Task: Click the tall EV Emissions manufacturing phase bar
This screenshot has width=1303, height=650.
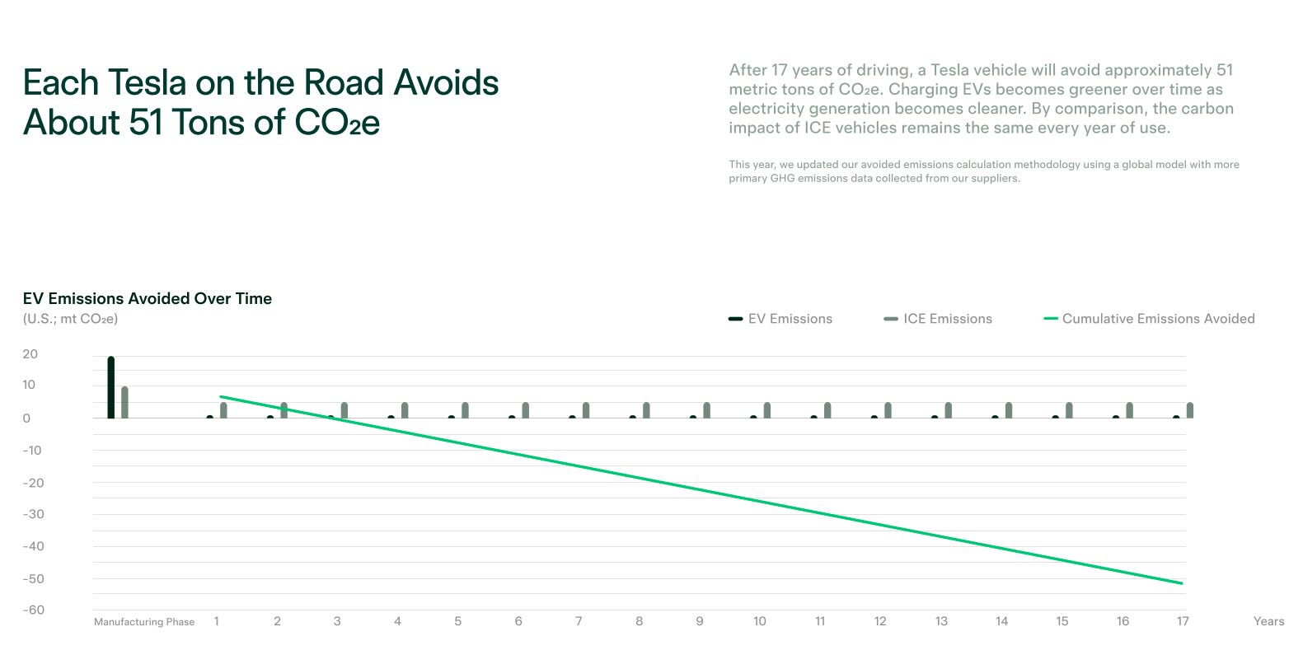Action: click(x=111, y=387)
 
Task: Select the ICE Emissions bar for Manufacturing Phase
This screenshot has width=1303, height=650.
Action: click(x=124, y=402)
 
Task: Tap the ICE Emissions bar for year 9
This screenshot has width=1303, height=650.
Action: click(x=707, y=410)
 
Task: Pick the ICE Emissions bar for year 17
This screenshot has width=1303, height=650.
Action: click(x=1190, y=410)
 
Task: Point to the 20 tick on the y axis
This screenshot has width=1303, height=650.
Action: click(x=30, y=354)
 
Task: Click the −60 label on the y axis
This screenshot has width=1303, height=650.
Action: click(x=34, y=610)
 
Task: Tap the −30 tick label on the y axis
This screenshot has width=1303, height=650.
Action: click(x=34, y=514)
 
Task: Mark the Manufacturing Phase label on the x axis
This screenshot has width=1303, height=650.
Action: click(x=144, y=622)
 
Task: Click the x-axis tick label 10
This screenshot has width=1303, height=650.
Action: click(x=760, y=621)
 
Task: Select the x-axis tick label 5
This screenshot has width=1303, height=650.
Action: click(x=458, y=621)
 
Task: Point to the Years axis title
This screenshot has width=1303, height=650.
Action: click(x=1268, y=621)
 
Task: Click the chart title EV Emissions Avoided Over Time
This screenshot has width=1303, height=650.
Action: click(x=148, y=298)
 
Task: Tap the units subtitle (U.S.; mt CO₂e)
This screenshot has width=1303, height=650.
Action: click(x=70, y=319)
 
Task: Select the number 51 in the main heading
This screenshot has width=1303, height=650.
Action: click(x=146, y=123)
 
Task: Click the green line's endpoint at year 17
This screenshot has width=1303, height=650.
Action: click(x=1182, y=583)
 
